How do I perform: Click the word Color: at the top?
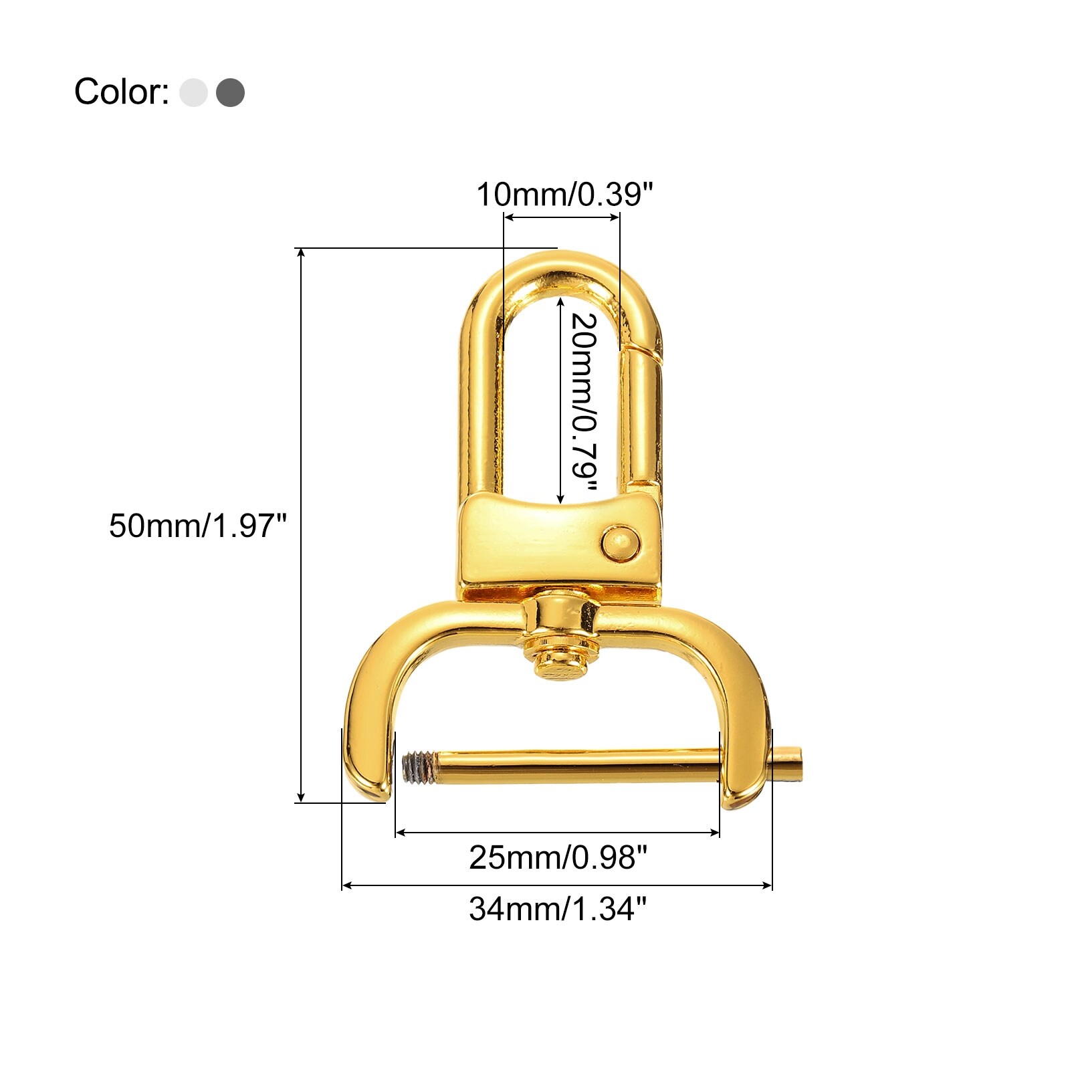[x=121, y=92]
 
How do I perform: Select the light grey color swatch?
[x=193, y=92]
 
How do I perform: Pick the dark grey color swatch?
[x=230, y=92]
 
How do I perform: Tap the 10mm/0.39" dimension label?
[x=564, y=195]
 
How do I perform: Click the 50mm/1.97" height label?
[x=197, y=526]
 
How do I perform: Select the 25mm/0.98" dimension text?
[x=558, y=857]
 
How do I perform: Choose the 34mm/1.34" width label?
[x=558, y=909]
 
